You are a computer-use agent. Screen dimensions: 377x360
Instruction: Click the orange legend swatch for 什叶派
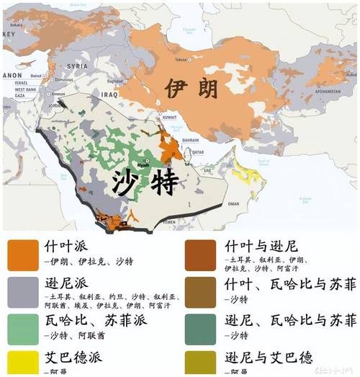pyautogui.click(x=23, y=253)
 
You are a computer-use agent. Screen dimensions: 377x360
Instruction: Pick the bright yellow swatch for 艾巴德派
pyautogui.click(x=23, y=362)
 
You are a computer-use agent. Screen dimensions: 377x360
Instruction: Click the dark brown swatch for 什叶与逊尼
pyautogui.click(x=200, y=253)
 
